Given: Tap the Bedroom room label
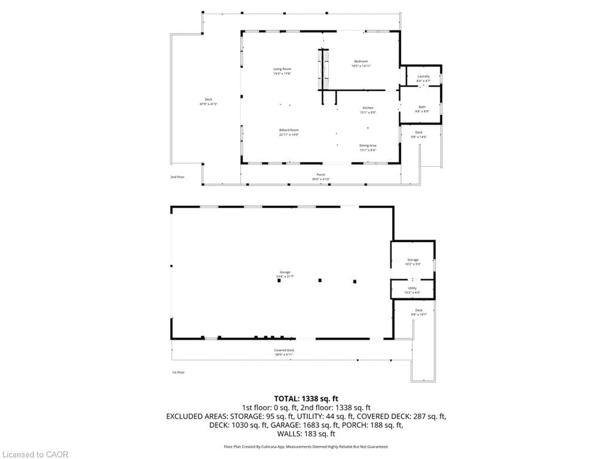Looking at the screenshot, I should [361, 61].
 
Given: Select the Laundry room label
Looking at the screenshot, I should [423, 76].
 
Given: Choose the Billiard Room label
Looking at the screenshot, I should [289, 130].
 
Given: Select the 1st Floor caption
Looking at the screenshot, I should [178, 372].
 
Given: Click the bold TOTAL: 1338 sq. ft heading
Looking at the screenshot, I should [306, 399].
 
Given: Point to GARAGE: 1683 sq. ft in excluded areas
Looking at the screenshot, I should [304, 425].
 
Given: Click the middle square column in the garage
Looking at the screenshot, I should [320, 280].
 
